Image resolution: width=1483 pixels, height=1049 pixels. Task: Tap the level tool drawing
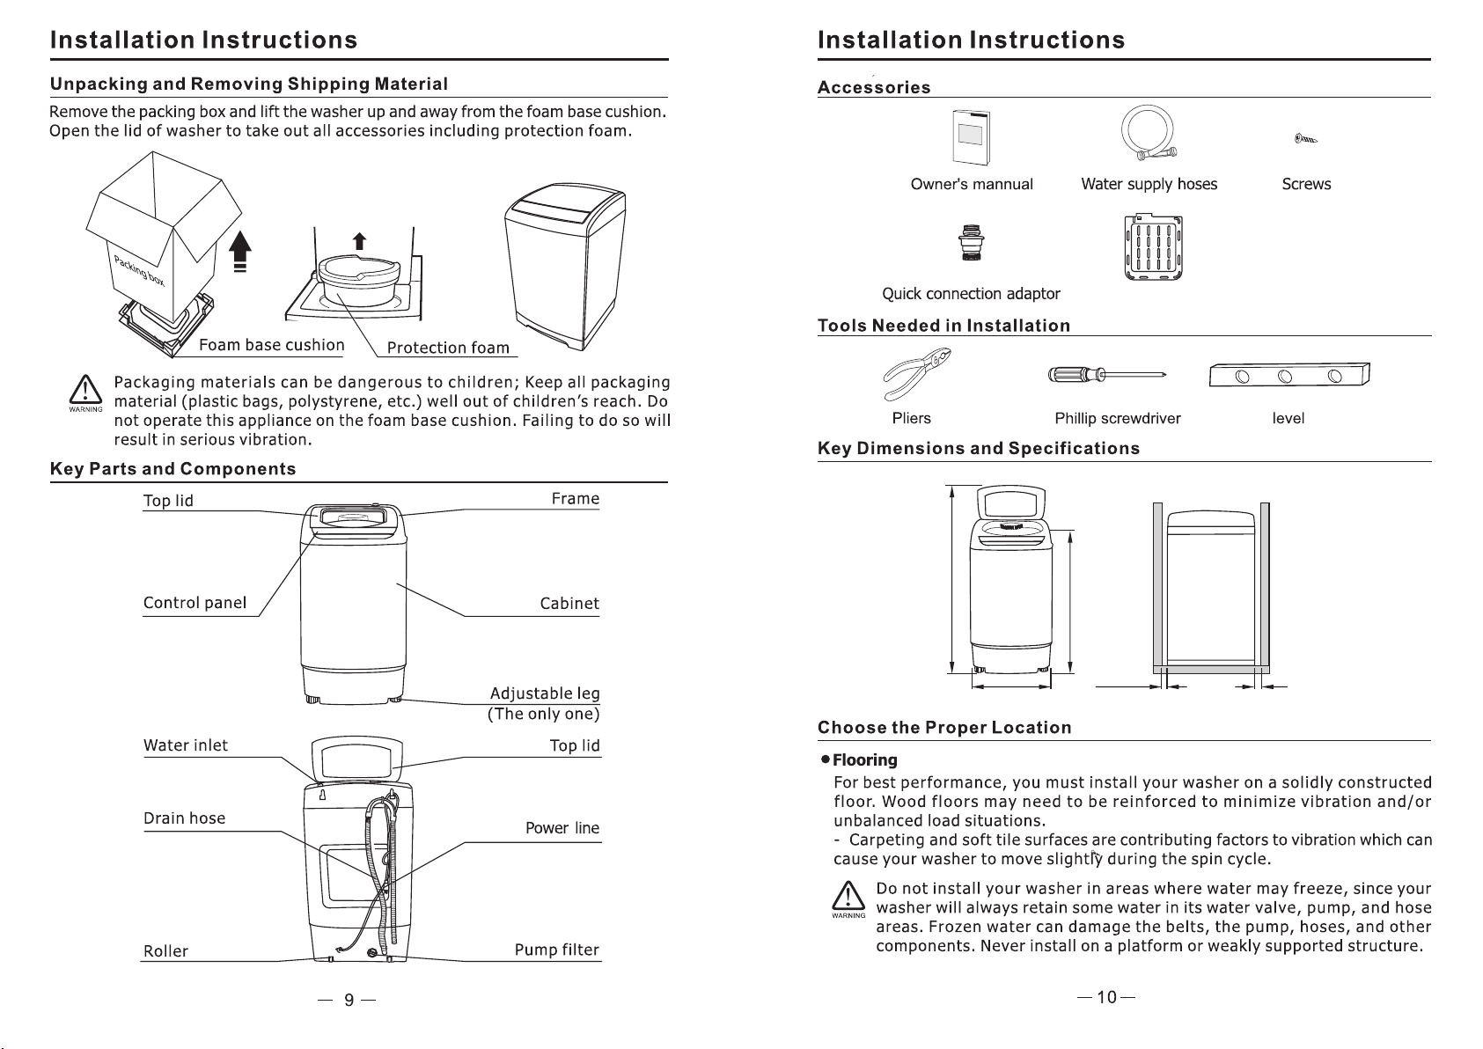1289,376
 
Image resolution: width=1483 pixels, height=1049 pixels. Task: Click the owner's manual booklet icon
970,136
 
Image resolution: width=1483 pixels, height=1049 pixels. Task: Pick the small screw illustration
1306,138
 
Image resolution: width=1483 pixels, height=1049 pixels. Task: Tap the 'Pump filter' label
556,950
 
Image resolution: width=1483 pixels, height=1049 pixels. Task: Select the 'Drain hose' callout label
184,818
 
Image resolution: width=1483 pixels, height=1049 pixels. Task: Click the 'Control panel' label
195,603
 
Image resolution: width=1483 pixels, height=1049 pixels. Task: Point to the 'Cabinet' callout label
569,604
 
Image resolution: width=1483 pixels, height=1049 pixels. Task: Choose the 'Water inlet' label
185,745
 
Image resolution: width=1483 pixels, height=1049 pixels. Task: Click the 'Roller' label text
165,951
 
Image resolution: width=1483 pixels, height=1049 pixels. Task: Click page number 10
1106,997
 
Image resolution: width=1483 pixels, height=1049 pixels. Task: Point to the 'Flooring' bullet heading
864,759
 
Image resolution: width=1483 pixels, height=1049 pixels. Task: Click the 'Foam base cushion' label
271,345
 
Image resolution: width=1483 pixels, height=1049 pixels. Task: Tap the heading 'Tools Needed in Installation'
943,326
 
